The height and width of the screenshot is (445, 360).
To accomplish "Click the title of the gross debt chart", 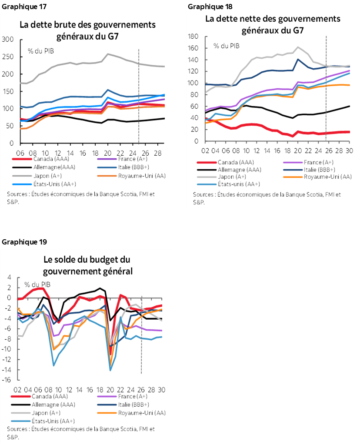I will pos(87,30).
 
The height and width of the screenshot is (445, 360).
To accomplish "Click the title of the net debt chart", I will pos(272,25).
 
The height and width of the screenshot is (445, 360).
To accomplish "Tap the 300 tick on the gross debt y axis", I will pos(8,40).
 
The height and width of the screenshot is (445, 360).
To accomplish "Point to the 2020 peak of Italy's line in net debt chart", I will pos(298,59).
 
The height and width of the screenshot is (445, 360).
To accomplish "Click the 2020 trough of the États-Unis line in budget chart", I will pos(110,370).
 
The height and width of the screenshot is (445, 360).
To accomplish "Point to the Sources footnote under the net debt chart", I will pos(267,198).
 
